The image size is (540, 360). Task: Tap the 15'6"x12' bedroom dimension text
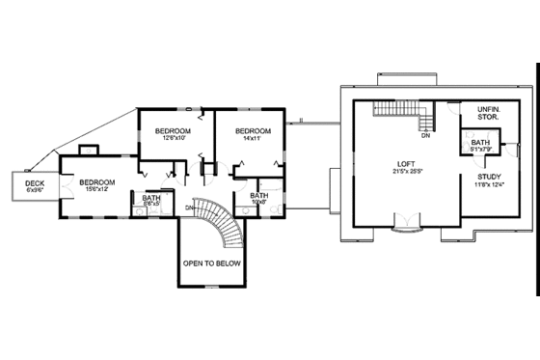97,189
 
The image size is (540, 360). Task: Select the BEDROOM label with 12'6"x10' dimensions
173,130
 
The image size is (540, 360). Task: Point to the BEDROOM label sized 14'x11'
254,130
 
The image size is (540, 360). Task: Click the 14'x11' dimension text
254,138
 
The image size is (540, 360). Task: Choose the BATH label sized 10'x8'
259,196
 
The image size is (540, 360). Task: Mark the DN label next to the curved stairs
191,208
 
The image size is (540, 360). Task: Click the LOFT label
407,163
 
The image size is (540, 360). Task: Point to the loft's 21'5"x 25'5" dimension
407,172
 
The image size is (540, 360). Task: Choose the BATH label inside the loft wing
480,143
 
